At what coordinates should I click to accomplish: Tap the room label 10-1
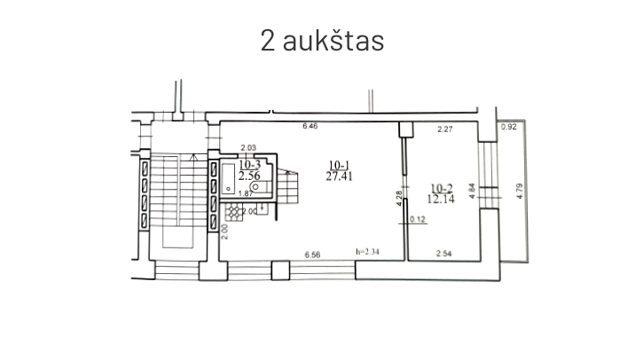coord(338,164)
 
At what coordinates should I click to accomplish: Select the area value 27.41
coord(338,176)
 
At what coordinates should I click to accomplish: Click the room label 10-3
coord(249,164)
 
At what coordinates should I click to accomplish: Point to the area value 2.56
coord(249,176)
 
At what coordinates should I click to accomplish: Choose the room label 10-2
coord(439,187)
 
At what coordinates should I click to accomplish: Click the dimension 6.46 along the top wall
coord(310,128)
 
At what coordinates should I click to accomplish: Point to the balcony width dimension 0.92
coord(509,128)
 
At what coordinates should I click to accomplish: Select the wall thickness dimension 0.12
coord(419,217)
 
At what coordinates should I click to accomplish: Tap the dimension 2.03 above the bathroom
coord(248,147)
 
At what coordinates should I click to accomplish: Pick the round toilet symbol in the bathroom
coord(255,187)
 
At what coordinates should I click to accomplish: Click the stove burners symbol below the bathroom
coord(233,211)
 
